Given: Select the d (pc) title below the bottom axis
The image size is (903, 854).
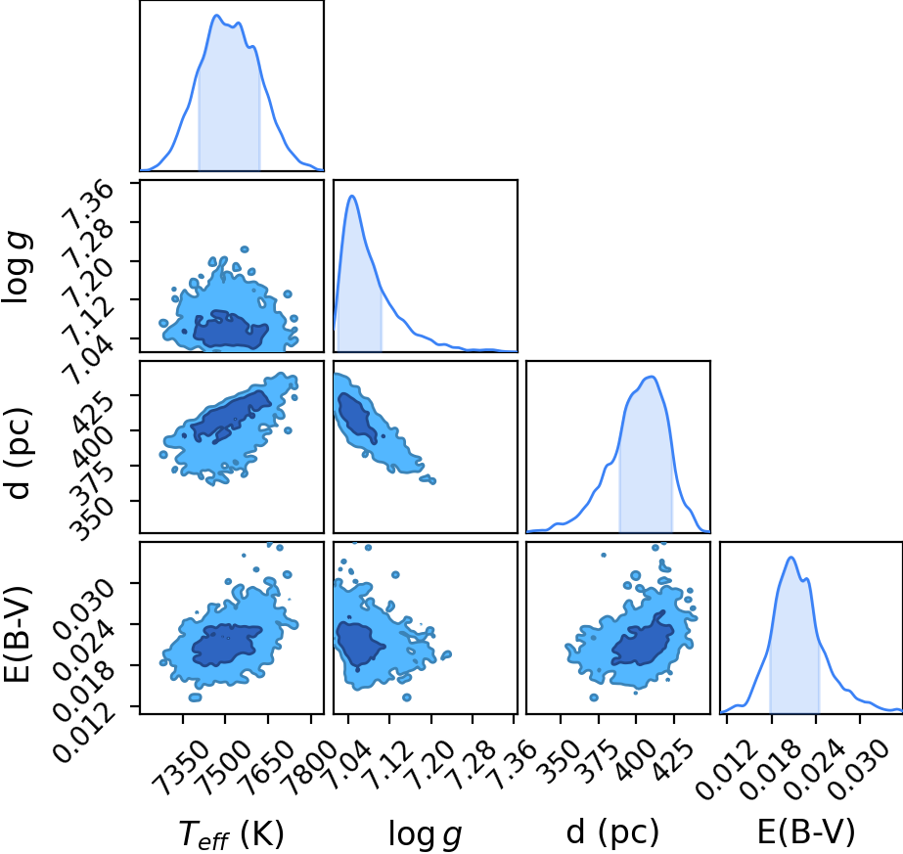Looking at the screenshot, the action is [x=612, y=832].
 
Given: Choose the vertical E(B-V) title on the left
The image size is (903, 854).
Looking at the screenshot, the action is [x=17, y=634].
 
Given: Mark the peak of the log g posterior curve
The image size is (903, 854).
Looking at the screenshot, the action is [x=352, y=196].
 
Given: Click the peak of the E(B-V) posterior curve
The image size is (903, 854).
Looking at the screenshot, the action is [x=791, y=557].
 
